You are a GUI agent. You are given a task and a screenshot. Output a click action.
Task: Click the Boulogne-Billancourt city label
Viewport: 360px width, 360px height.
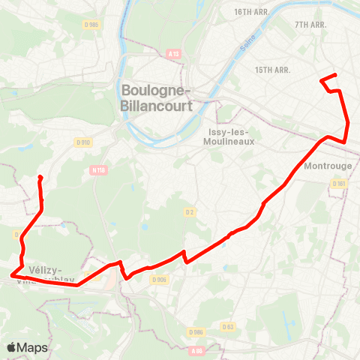[x=157, y=98]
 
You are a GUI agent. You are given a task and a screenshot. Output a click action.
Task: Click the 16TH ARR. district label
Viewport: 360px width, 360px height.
[x=251, y=13]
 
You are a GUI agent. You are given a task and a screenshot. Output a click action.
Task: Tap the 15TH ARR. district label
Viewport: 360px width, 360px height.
[x=272, y=70]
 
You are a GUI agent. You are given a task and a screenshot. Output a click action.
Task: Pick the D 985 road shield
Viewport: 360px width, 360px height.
[x=92, y=24]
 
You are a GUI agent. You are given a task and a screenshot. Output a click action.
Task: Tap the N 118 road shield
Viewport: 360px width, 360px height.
[x=98, y=170]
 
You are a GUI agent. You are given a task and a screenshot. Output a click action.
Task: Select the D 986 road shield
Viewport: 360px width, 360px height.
[x=196, y=331]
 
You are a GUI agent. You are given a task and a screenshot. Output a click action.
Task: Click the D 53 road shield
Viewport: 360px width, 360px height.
[x=228, y=326]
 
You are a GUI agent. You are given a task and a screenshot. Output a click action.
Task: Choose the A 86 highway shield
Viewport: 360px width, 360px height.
[x=196, y=350]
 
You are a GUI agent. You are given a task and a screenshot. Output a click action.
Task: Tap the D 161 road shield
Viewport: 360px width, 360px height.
[x=339, y=184]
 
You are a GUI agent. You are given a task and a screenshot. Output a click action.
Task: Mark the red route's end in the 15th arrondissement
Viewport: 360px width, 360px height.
[x=322, y=79]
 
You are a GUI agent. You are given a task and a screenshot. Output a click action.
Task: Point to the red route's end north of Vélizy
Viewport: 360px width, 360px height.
[x=40, y=178]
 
